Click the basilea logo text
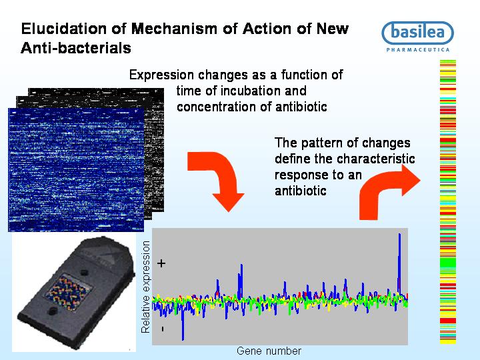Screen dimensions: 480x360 417,32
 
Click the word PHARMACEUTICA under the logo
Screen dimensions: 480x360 418,49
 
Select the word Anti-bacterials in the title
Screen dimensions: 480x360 76,48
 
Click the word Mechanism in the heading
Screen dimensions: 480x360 174,29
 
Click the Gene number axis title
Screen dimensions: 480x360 269,351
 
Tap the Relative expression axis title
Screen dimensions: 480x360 146,287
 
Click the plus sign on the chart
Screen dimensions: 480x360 161,263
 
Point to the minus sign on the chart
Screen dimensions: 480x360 162,329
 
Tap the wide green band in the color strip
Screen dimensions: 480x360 448,263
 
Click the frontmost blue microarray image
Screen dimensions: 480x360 76,169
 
